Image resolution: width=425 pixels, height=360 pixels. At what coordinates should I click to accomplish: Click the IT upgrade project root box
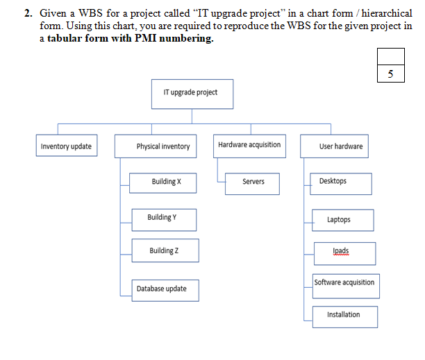coord(190,93)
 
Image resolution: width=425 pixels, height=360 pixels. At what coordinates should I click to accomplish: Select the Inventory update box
coord(66,146)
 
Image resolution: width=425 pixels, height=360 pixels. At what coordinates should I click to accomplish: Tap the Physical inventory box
coord(163,146)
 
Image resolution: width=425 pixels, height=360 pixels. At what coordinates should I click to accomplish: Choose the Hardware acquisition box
coord(249,145)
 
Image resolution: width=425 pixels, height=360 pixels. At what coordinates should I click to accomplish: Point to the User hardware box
coord(340,146)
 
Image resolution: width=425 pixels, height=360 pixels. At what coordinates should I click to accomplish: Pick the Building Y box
coord(163,218)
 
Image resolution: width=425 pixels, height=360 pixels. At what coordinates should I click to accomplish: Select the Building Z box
coord(165,250)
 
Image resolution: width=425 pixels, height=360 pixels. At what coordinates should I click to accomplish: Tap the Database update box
coord(165,289)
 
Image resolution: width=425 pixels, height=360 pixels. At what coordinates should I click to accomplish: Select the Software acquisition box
coord(344,283)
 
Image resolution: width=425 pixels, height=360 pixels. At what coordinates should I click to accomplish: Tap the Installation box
coord(344,316)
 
